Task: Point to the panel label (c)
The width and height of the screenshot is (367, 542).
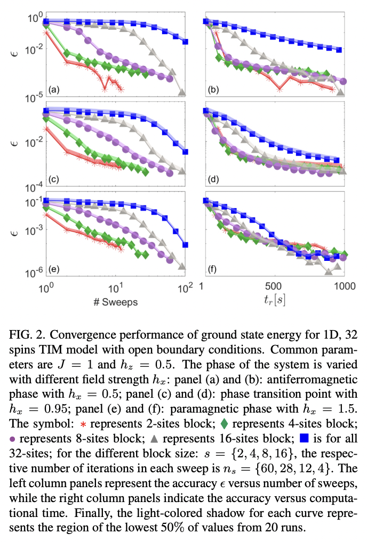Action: (53, 179)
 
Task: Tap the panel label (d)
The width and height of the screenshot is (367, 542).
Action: (214, 179)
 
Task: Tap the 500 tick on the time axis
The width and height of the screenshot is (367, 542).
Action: (273, 287)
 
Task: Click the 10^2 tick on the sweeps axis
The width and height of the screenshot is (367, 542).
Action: (185, 288)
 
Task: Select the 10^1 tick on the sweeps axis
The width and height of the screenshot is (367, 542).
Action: (115, 288)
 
